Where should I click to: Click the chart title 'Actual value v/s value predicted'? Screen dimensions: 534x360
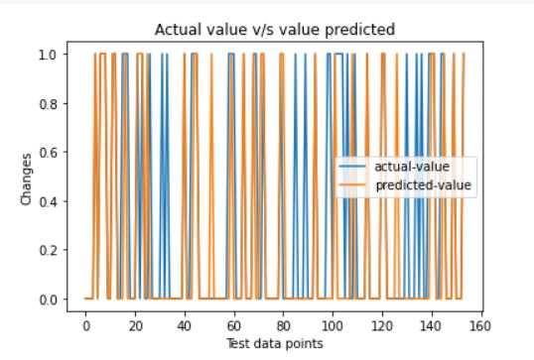tap(275, 30)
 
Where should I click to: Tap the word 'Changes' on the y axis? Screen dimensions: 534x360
tap(26, 180)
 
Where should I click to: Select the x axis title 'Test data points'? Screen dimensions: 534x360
tap(275, 344)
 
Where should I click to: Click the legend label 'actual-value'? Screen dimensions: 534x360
tap(412, 167)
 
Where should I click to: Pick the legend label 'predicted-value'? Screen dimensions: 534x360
tap(423, 185)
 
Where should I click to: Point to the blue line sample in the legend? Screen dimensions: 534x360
tap(352, 167)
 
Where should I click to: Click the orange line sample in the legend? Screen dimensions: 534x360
tap(352, 185)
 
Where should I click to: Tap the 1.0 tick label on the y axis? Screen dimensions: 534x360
tap(48, 55)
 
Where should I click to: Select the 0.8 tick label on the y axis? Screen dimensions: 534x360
tap(48, 104)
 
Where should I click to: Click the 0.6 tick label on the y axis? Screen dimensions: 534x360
tap(48, 153)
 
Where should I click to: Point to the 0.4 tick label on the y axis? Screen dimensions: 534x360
tap(48, 201)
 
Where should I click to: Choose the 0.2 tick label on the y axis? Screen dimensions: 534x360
tap(48, 251)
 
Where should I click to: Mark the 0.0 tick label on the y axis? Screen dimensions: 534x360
tap(48, 300)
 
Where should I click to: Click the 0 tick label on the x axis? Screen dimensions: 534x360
tap(86, 326)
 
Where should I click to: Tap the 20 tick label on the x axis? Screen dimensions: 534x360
tap(135, 326)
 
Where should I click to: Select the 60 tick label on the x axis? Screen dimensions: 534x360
tap(234, 326)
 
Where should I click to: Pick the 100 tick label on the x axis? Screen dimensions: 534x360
tap(333, 326)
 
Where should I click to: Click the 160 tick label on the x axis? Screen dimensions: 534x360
tap(479, 326)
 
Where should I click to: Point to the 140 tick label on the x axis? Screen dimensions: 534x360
tap(431, 326)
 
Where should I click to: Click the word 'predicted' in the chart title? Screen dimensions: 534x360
tap(360, 31)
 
